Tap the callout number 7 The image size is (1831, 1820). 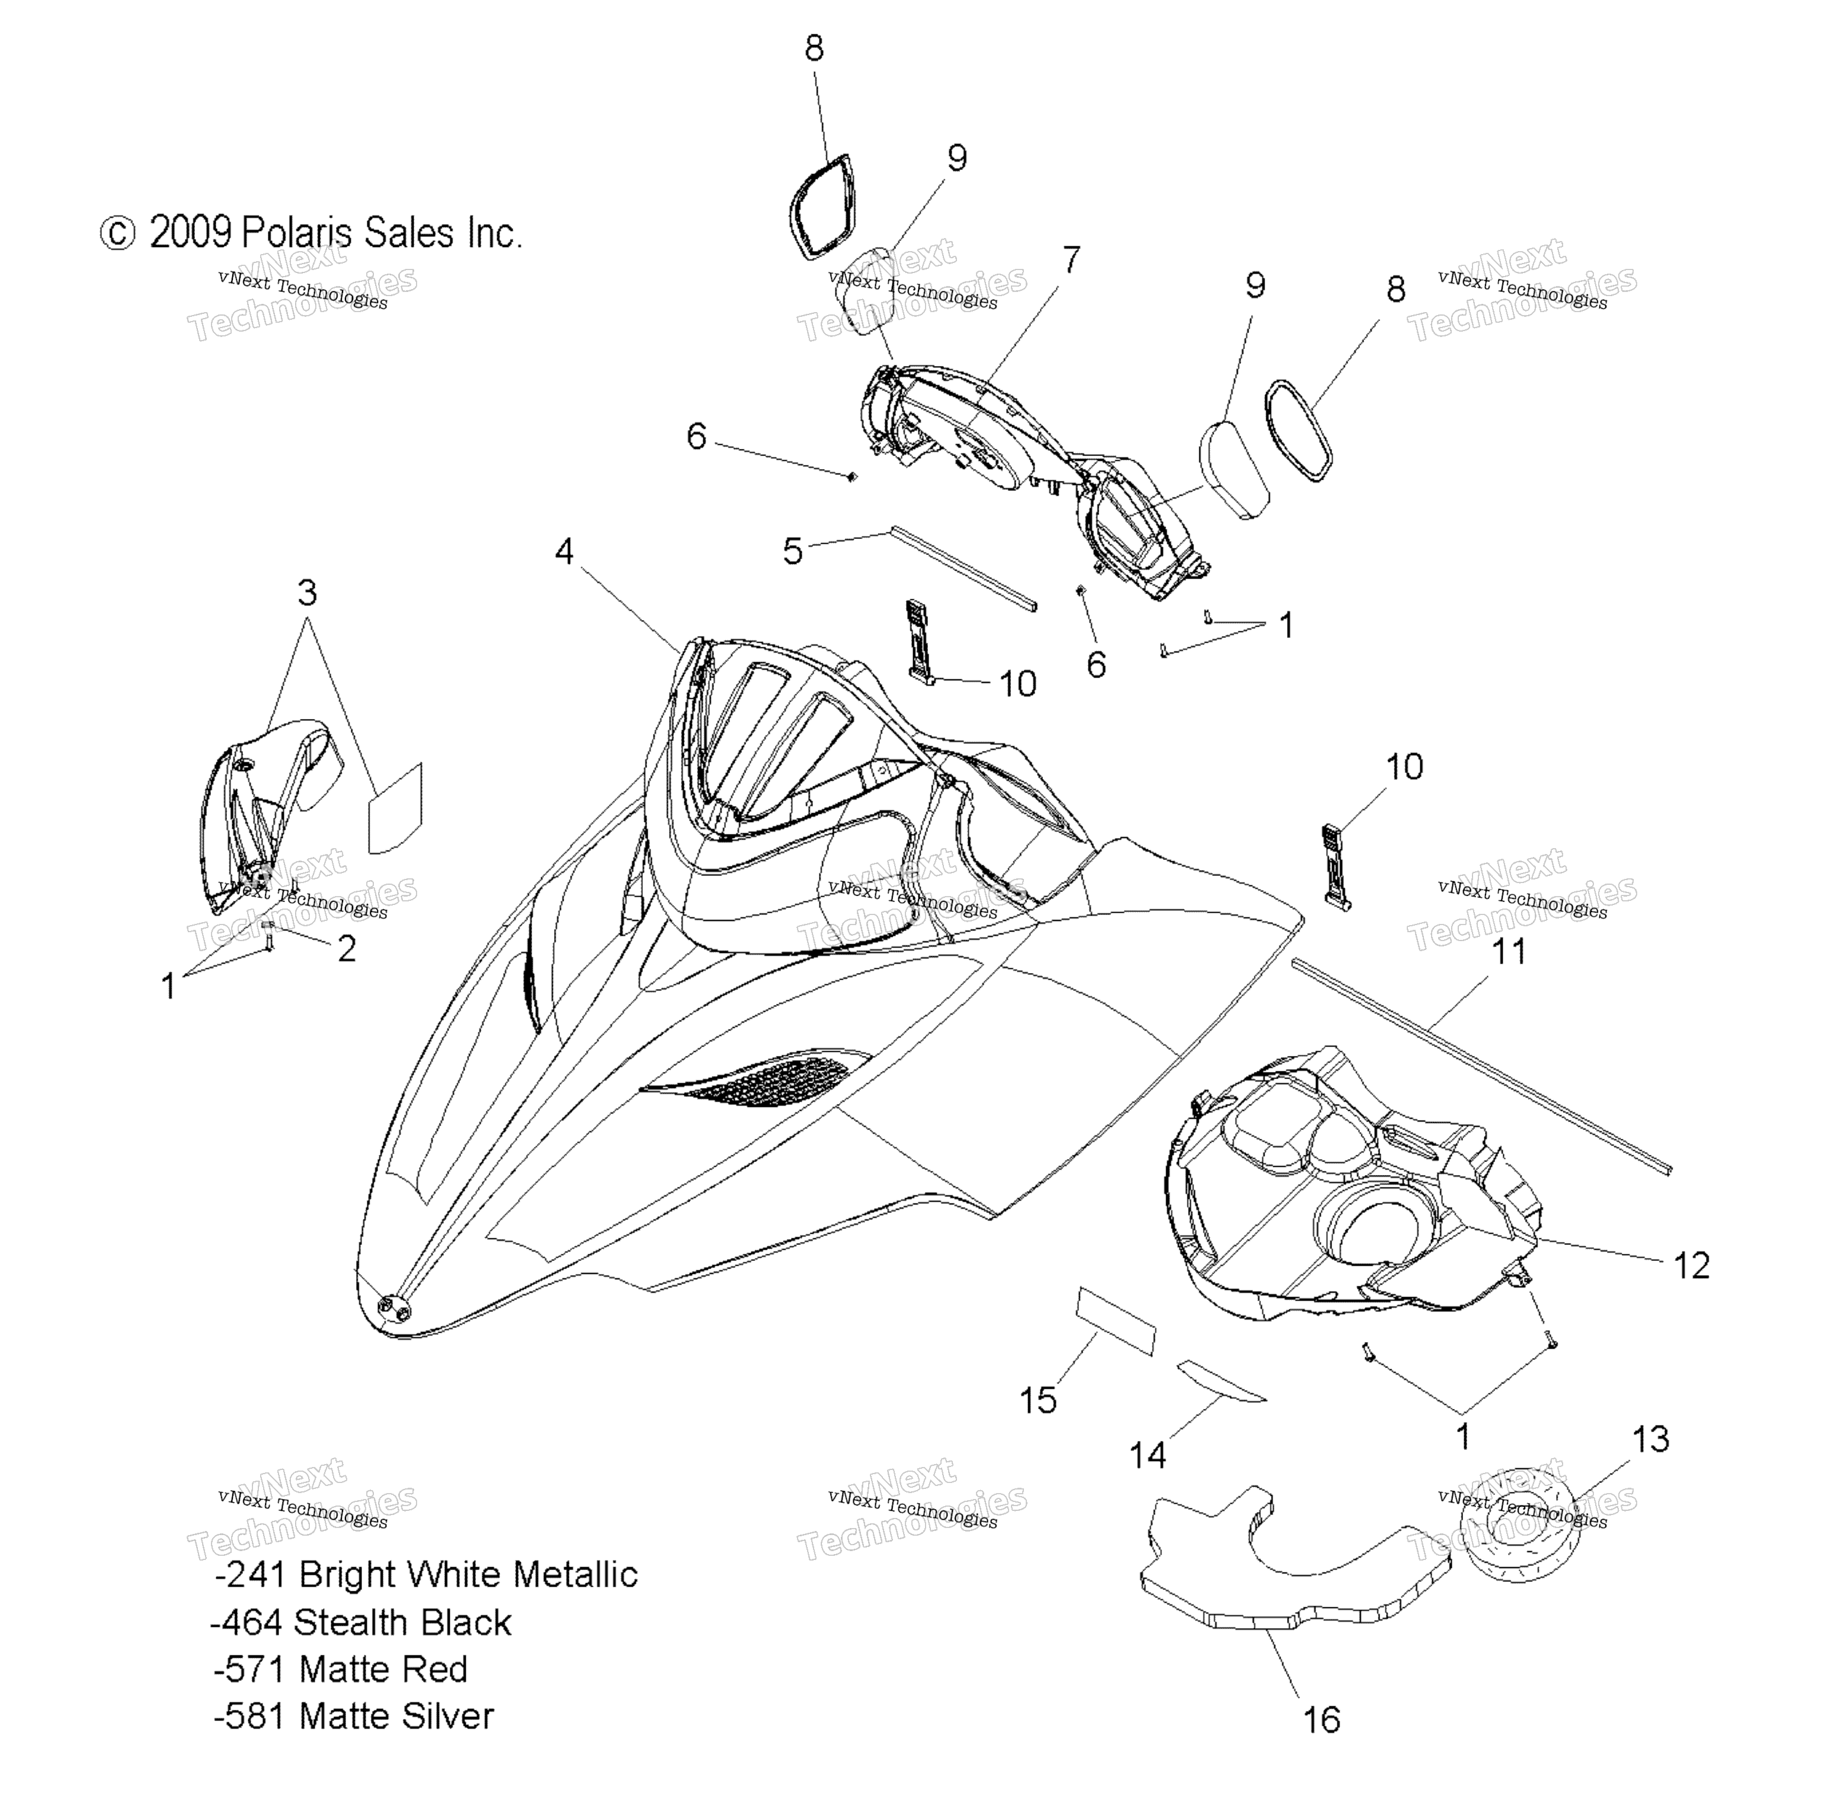click(1071, 259)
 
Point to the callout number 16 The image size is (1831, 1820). click(1321, 1719)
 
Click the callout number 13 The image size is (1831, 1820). click(1650, 1439)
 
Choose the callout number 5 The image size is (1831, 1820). click(793, 550)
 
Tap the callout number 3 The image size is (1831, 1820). click(307, 593)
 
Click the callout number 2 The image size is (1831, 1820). click(347, 948)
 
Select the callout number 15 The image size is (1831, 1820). click(1038, 1399)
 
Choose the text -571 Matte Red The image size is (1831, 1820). click(341, 1668)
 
